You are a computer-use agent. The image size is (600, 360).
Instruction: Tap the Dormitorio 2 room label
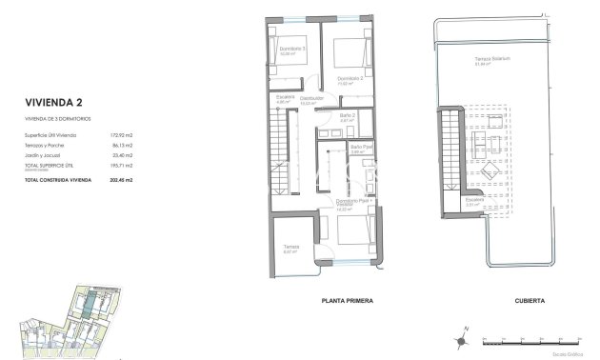350,78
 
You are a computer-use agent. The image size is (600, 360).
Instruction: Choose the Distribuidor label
312,97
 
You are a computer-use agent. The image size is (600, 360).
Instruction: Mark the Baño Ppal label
359,148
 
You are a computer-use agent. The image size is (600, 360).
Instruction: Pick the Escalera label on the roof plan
475,200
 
